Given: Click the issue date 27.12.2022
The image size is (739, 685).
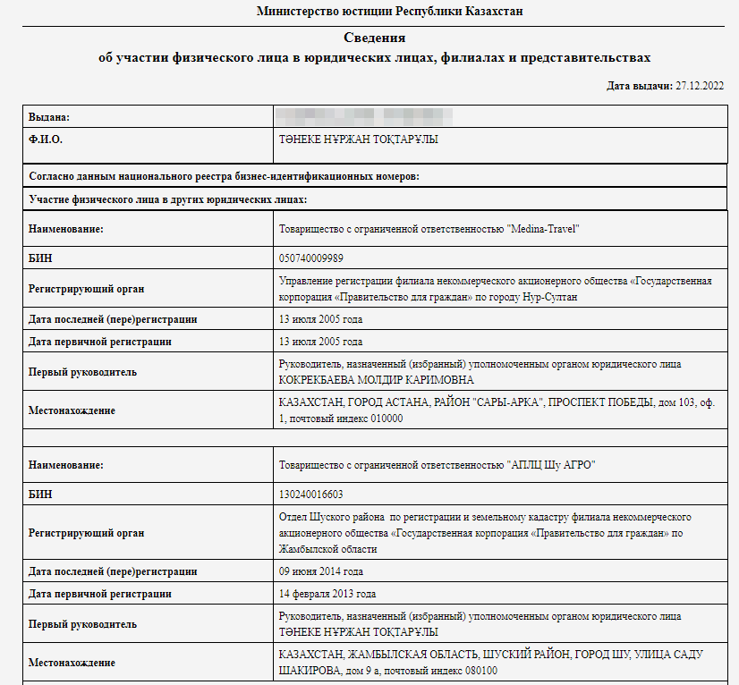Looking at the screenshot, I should click(701, 86).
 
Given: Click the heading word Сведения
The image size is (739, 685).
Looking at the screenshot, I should click(375, 38).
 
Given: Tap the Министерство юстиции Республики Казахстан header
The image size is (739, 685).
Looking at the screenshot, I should click(390, 12).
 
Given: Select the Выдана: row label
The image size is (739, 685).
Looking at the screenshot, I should click(49, 117).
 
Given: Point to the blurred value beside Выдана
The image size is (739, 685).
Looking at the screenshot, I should click(365, 116).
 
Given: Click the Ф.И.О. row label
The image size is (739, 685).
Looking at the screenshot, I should click(46, 140).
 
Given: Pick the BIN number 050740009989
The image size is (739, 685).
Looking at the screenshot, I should click(311, 258).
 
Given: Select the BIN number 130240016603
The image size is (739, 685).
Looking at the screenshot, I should click(311, 494).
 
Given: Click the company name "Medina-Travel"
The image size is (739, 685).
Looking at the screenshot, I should click(544, 230).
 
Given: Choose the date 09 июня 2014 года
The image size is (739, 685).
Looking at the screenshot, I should click(321, 571).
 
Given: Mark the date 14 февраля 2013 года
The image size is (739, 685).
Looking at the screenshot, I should click(327, 594).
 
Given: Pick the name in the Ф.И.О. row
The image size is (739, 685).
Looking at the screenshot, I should click(360, 140).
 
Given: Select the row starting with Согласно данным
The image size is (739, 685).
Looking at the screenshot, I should click(224, 176).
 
